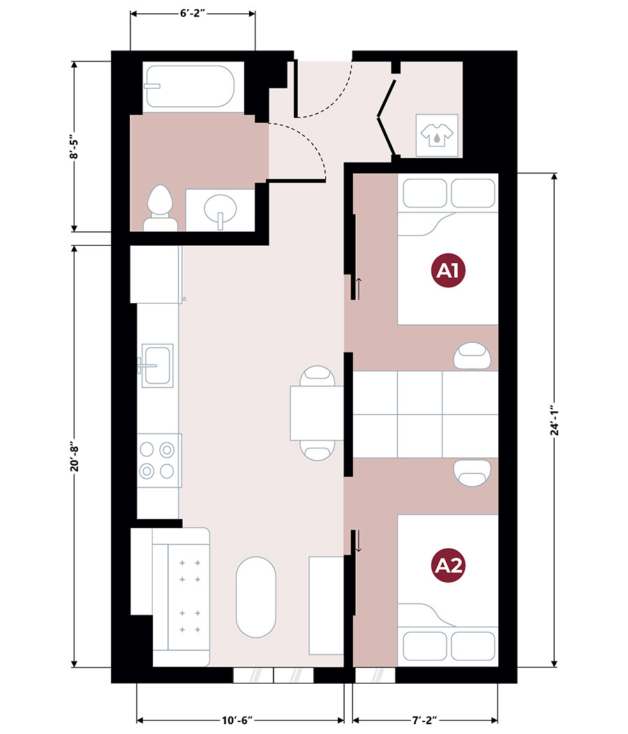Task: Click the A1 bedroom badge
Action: pos(448,270)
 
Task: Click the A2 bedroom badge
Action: pos(448,566)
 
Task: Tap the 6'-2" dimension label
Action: pos(193,13)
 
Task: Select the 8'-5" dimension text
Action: pos(74,147)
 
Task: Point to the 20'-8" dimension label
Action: pos(75,458)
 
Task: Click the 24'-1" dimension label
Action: pos(555,420)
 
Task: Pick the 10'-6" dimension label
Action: pos(237,720)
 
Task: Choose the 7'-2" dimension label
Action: pos(424,720)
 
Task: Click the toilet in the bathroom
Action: pos(160,207)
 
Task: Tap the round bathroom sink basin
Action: pos(220,209)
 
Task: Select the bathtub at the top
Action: pos(190,87)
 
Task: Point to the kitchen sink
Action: pos(157,365)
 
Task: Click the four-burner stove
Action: pos(158,461)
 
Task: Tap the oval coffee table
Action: pos(256,597)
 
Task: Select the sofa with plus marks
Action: pos(181,597)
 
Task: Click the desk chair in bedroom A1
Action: pos(472,355)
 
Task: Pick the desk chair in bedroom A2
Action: pos(472,472)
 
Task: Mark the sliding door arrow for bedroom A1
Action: pos(359,288)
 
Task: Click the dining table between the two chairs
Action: pos(317,413)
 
